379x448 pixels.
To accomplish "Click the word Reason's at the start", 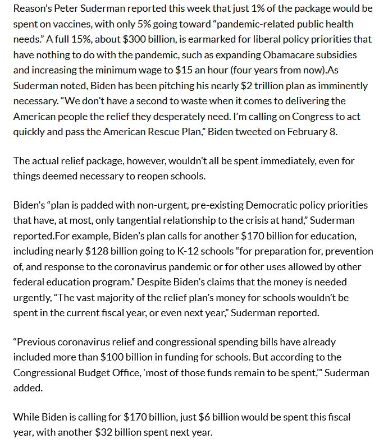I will (x=33, y=10).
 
